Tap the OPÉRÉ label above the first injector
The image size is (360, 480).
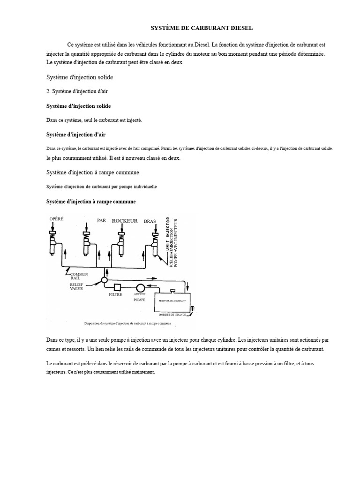click(56, 219)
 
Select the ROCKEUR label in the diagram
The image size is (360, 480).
click(125, 221)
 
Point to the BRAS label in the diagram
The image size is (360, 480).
click(150, 221)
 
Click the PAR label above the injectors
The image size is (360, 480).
click(102, 220)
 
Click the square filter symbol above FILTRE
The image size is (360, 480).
click(118, 287)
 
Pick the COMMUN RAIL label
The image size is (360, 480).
click(79, 276)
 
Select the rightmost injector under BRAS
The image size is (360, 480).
click(155, 244)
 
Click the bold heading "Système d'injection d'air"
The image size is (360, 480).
click(75, 135)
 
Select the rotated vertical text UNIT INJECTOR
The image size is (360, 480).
click(168, 234)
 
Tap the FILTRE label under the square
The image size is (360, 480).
click(115, 295)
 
